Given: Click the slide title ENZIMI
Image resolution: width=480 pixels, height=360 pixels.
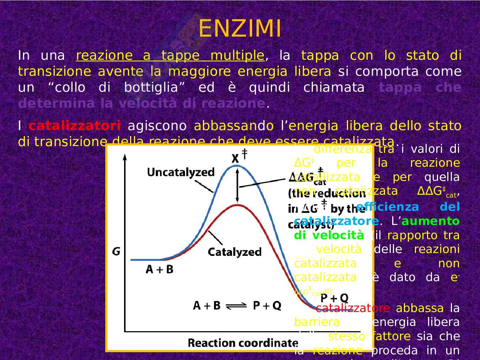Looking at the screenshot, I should click(240, 28).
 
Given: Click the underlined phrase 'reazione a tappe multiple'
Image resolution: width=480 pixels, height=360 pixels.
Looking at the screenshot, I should click(170, 56).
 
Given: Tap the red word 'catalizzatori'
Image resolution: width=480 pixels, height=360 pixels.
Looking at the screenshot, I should click(75, 126).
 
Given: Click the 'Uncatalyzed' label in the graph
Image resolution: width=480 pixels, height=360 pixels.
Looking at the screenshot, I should click(181, 172).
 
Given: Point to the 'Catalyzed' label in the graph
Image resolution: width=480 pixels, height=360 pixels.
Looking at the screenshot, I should click(234, 252).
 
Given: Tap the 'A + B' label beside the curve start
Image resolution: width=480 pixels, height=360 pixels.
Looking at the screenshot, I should click(159, 269).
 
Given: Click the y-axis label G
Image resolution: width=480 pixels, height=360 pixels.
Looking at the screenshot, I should click(116, 252).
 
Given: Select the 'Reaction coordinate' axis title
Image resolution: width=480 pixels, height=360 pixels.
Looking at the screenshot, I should click(242, 343).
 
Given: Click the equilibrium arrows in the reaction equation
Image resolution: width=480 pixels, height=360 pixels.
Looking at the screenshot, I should click(236, 306).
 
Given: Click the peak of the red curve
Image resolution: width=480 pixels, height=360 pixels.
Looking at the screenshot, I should click(237, 205).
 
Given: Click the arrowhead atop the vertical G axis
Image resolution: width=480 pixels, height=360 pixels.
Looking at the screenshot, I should click(124, 156).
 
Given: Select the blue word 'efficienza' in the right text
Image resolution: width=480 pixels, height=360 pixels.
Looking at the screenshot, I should click(388, 207).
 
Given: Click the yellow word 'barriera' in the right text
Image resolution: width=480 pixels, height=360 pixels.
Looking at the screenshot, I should click(317, 322).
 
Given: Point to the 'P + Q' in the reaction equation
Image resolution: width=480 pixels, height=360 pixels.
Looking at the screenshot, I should click(267, 305).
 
